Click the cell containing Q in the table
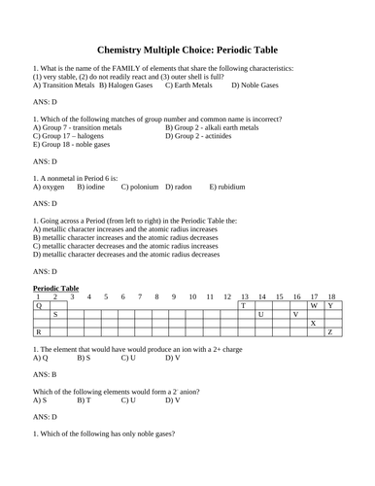click(39, 305)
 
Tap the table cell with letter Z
click(330, 332)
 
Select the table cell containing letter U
click(260, 314)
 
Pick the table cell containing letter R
click(39, 332)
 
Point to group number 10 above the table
click(192, 296)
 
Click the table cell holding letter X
click(313, 324)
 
